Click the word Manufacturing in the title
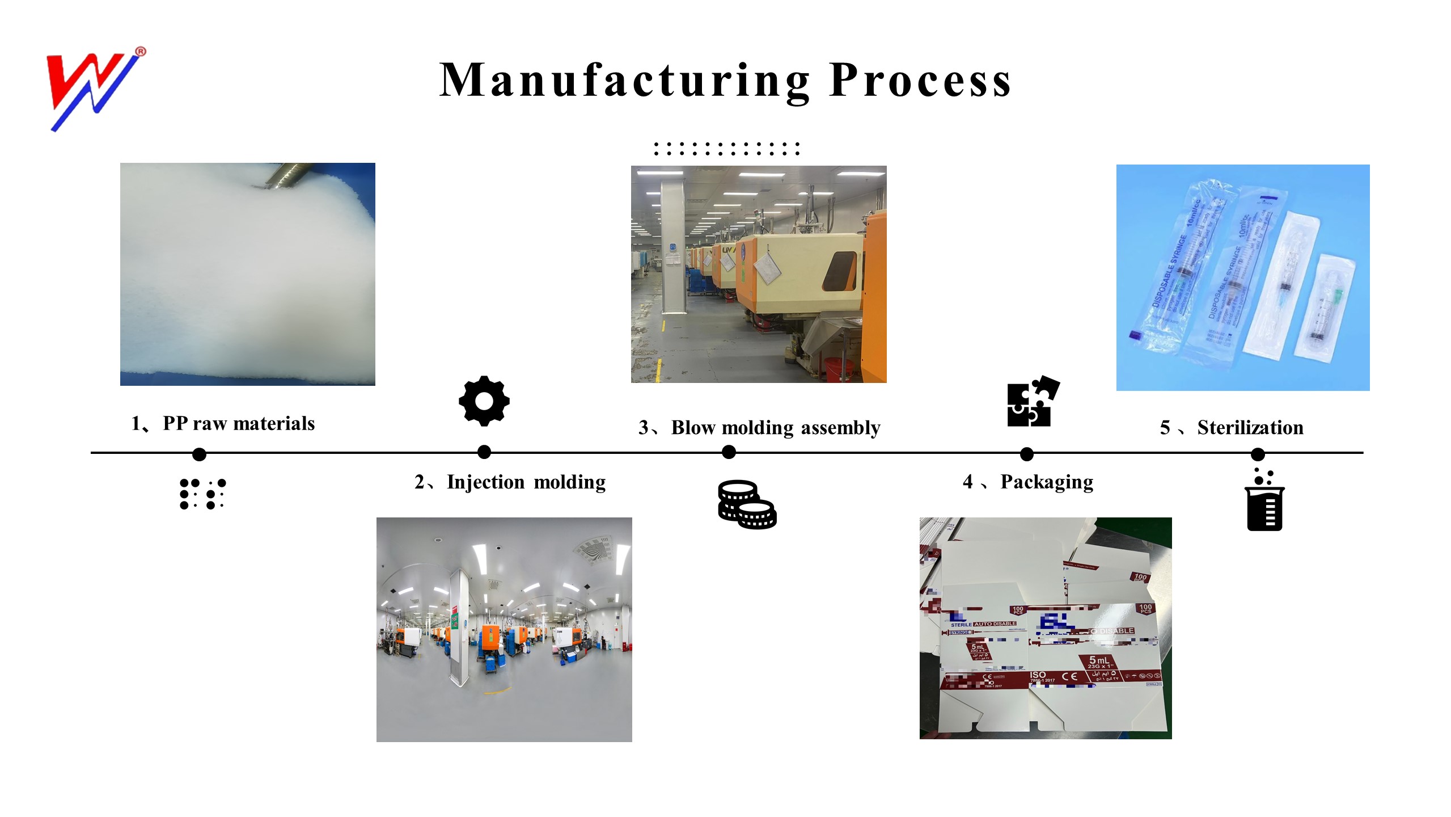624,81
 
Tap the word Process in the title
920,81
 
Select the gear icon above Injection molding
484,401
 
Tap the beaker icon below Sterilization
1264,502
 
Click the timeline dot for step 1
199,454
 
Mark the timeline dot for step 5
1257,454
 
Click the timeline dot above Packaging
1026,454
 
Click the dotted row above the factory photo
726,149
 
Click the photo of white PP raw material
247,274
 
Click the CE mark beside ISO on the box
1069,676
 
